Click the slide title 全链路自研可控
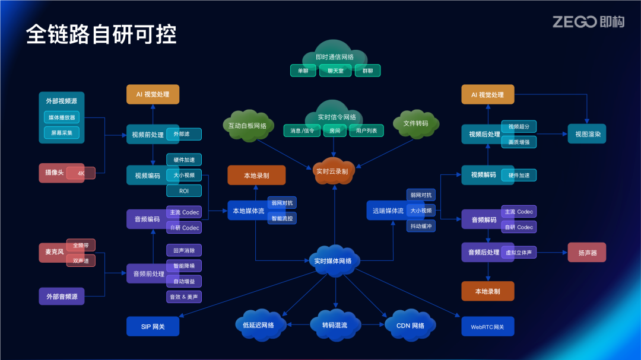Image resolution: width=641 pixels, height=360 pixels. [x=101, y=34]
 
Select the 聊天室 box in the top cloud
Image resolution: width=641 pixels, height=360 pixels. [x=335, y=71]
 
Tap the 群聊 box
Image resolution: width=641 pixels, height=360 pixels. [x=367, y=71]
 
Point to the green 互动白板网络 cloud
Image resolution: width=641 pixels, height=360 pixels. [x=247, y=125]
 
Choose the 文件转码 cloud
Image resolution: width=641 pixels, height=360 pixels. [x=415, y=123]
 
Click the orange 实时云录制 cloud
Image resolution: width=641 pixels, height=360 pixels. [x=332, y=171]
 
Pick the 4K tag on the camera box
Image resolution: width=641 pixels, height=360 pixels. [x=81, y=173]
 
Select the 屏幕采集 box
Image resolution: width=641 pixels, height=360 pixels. [x=61, y=133]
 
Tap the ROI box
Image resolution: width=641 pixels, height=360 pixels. [x=184, y=191]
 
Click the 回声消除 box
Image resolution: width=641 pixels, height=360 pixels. [x=184, y=250]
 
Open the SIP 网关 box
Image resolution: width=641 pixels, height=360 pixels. [x=153, y=326]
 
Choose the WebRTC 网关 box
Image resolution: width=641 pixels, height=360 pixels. [x=487, y=326]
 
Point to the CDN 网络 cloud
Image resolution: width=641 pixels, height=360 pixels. [x=410, y=325]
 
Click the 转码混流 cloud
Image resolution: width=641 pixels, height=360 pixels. [x=335, y=325]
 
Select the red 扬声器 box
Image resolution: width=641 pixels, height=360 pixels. [x=586, y=252]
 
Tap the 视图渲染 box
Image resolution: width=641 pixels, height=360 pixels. [x=588, y=134]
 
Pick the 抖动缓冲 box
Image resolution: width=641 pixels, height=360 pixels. [x=421, y=226]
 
